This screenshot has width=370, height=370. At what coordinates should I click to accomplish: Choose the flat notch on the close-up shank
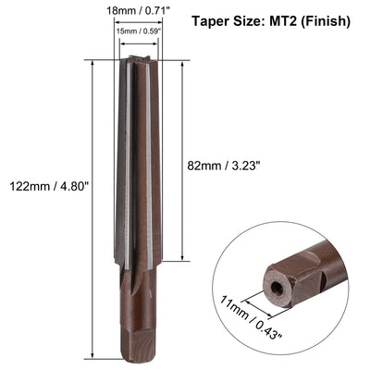323,268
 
